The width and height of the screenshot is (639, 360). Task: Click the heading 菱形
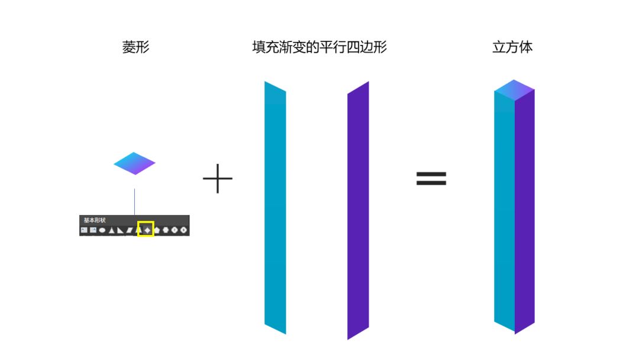click(135, 47)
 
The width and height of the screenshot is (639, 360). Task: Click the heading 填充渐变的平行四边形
click(319, 47)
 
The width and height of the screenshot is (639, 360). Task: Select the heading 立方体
click(512, 47)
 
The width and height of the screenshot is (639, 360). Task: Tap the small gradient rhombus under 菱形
click(134, 163)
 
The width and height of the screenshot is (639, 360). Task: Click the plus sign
click(218, 178)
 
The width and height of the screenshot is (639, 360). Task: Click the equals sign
click(431, 179)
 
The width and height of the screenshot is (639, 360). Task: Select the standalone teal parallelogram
click(275, 207)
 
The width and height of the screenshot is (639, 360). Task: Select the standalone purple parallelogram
click(358, 210)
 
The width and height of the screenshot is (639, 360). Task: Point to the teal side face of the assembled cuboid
click(504, 210)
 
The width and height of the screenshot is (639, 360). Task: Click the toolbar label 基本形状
click(94, 220)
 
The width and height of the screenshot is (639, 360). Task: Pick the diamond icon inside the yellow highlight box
click(147, 230)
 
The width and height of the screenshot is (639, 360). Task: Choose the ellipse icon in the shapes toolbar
click(102, 230)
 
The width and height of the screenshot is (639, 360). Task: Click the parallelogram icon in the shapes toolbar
click(129, 230)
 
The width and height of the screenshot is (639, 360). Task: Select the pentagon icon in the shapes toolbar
click(157, 230)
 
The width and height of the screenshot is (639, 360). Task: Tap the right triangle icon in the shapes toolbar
click(120, 230)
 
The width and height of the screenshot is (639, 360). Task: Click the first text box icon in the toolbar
click(84, 230)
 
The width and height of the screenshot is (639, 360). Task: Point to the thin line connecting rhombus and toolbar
click(134, 201)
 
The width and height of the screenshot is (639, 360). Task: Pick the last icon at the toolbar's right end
click(183, 230)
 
